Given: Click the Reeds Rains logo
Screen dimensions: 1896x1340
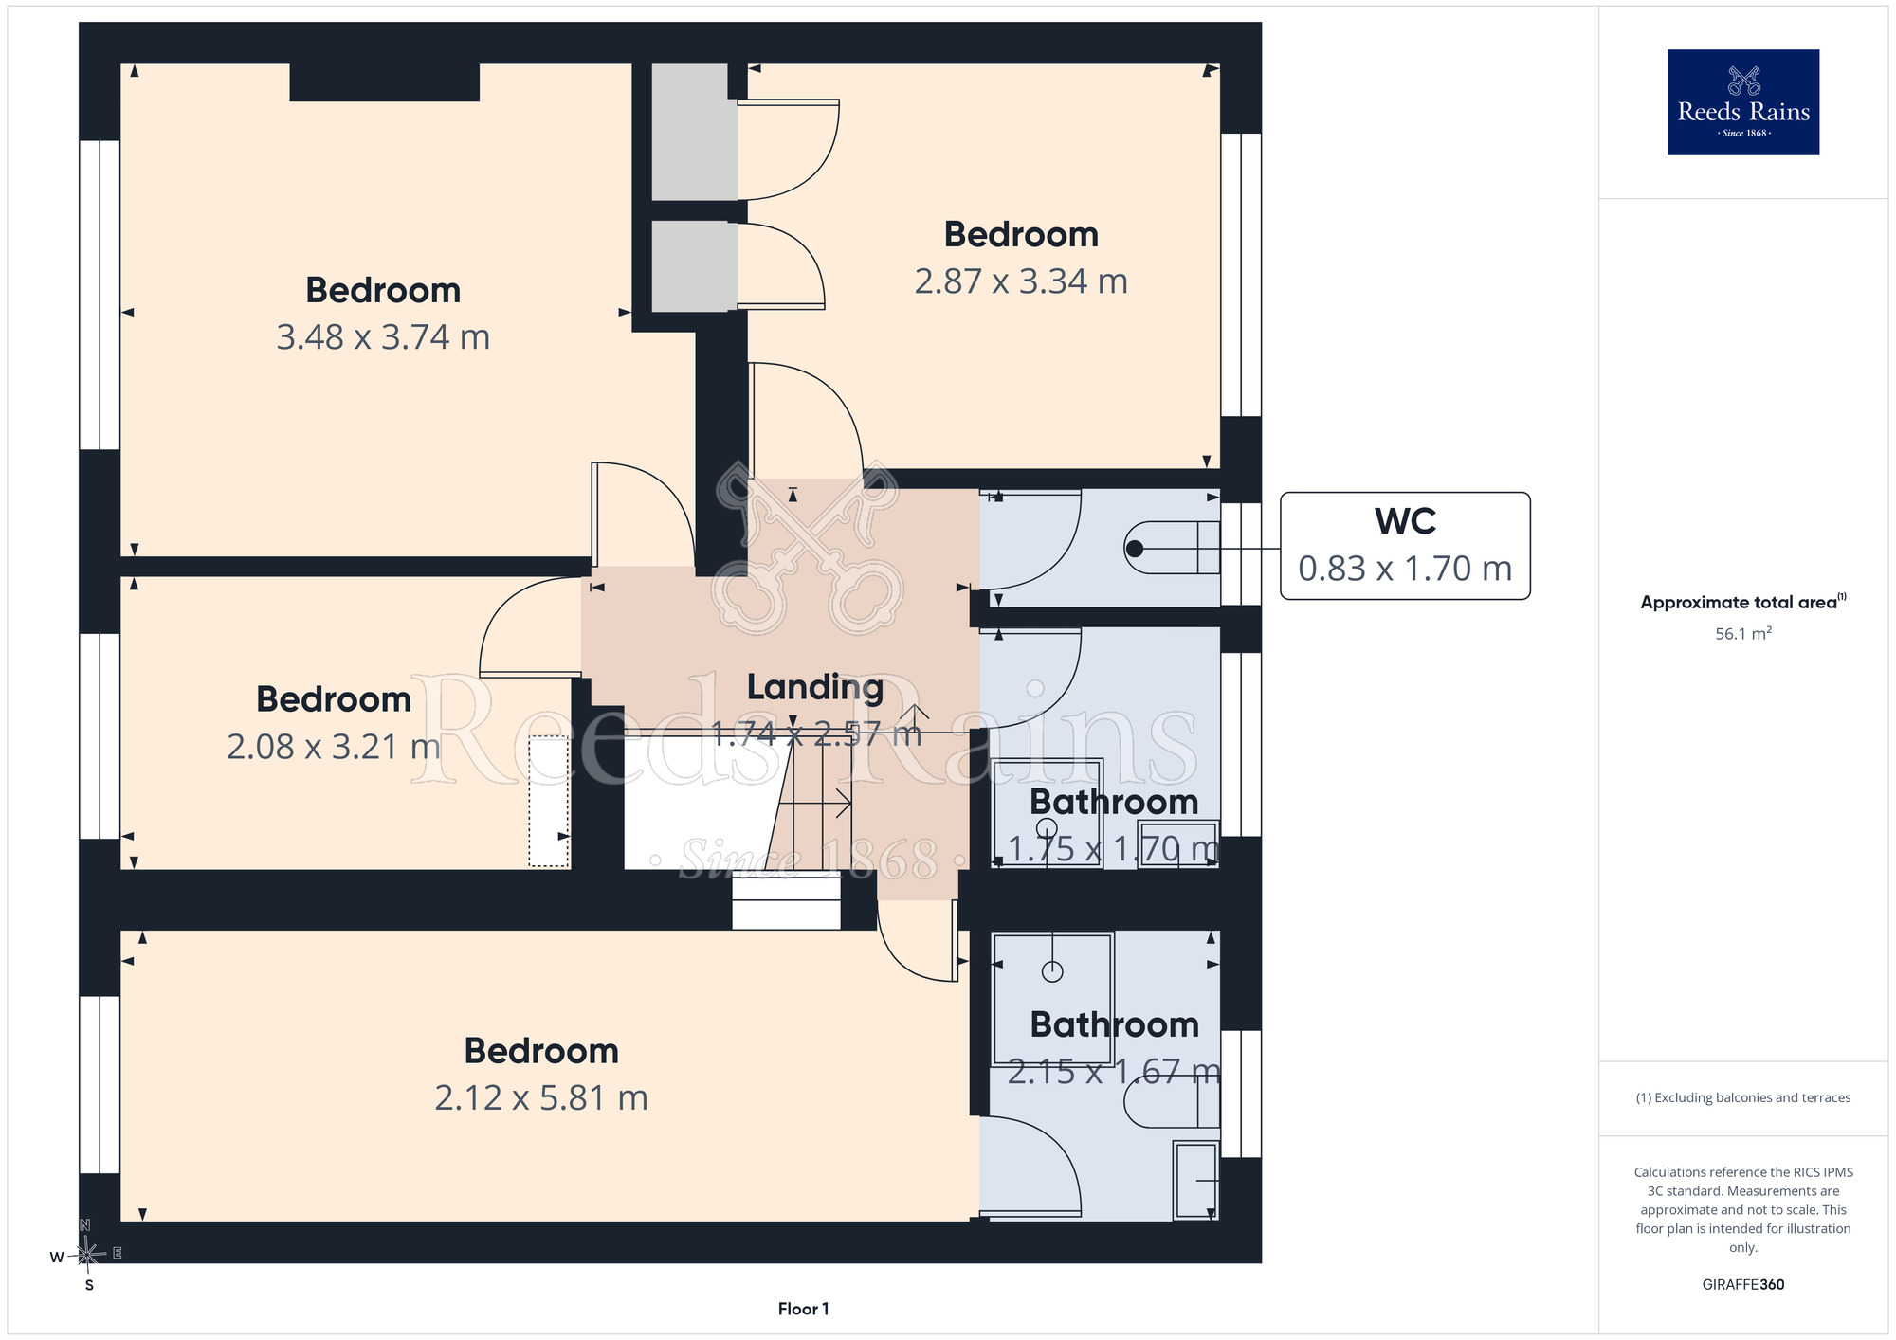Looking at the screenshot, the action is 1742,102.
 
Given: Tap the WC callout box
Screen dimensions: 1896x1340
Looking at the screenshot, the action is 1405,546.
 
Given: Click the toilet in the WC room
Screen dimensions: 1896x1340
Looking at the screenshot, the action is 1172,548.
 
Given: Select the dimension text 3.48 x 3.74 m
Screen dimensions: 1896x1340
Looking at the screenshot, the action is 383,337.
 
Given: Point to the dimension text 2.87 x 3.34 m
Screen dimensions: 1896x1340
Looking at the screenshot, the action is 1021,281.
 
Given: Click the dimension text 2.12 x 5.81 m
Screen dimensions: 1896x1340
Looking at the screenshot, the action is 541,1097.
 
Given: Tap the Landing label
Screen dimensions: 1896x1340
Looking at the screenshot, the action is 815,688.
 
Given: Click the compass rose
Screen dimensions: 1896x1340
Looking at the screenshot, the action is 86,1255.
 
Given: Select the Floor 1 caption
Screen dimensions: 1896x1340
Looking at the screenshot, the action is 803,1309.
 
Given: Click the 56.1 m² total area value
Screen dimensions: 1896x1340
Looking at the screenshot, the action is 1742,633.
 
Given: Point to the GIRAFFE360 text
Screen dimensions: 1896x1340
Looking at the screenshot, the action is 1742,1285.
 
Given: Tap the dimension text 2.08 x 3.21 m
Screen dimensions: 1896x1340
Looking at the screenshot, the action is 334,747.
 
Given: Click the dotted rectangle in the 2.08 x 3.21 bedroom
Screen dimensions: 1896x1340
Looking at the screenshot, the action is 549,801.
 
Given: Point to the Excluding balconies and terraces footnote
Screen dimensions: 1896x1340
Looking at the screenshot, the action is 1742,1097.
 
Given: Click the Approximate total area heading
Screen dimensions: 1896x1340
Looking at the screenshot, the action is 1742,602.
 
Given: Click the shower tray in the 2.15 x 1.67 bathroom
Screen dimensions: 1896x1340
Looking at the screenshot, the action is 1052,999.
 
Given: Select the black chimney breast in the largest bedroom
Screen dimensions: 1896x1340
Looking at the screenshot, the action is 384,82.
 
